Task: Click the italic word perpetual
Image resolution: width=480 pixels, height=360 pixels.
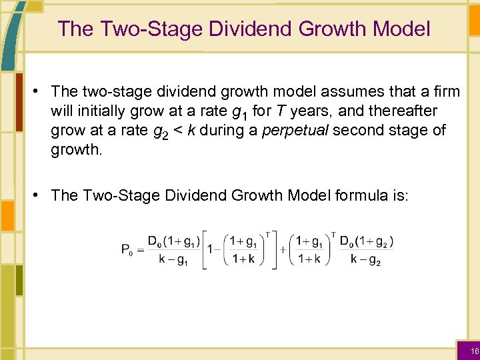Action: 296,130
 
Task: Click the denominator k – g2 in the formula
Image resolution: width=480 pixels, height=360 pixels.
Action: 366,259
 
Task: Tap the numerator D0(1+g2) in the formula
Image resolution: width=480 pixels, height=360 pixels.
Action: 366,241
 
